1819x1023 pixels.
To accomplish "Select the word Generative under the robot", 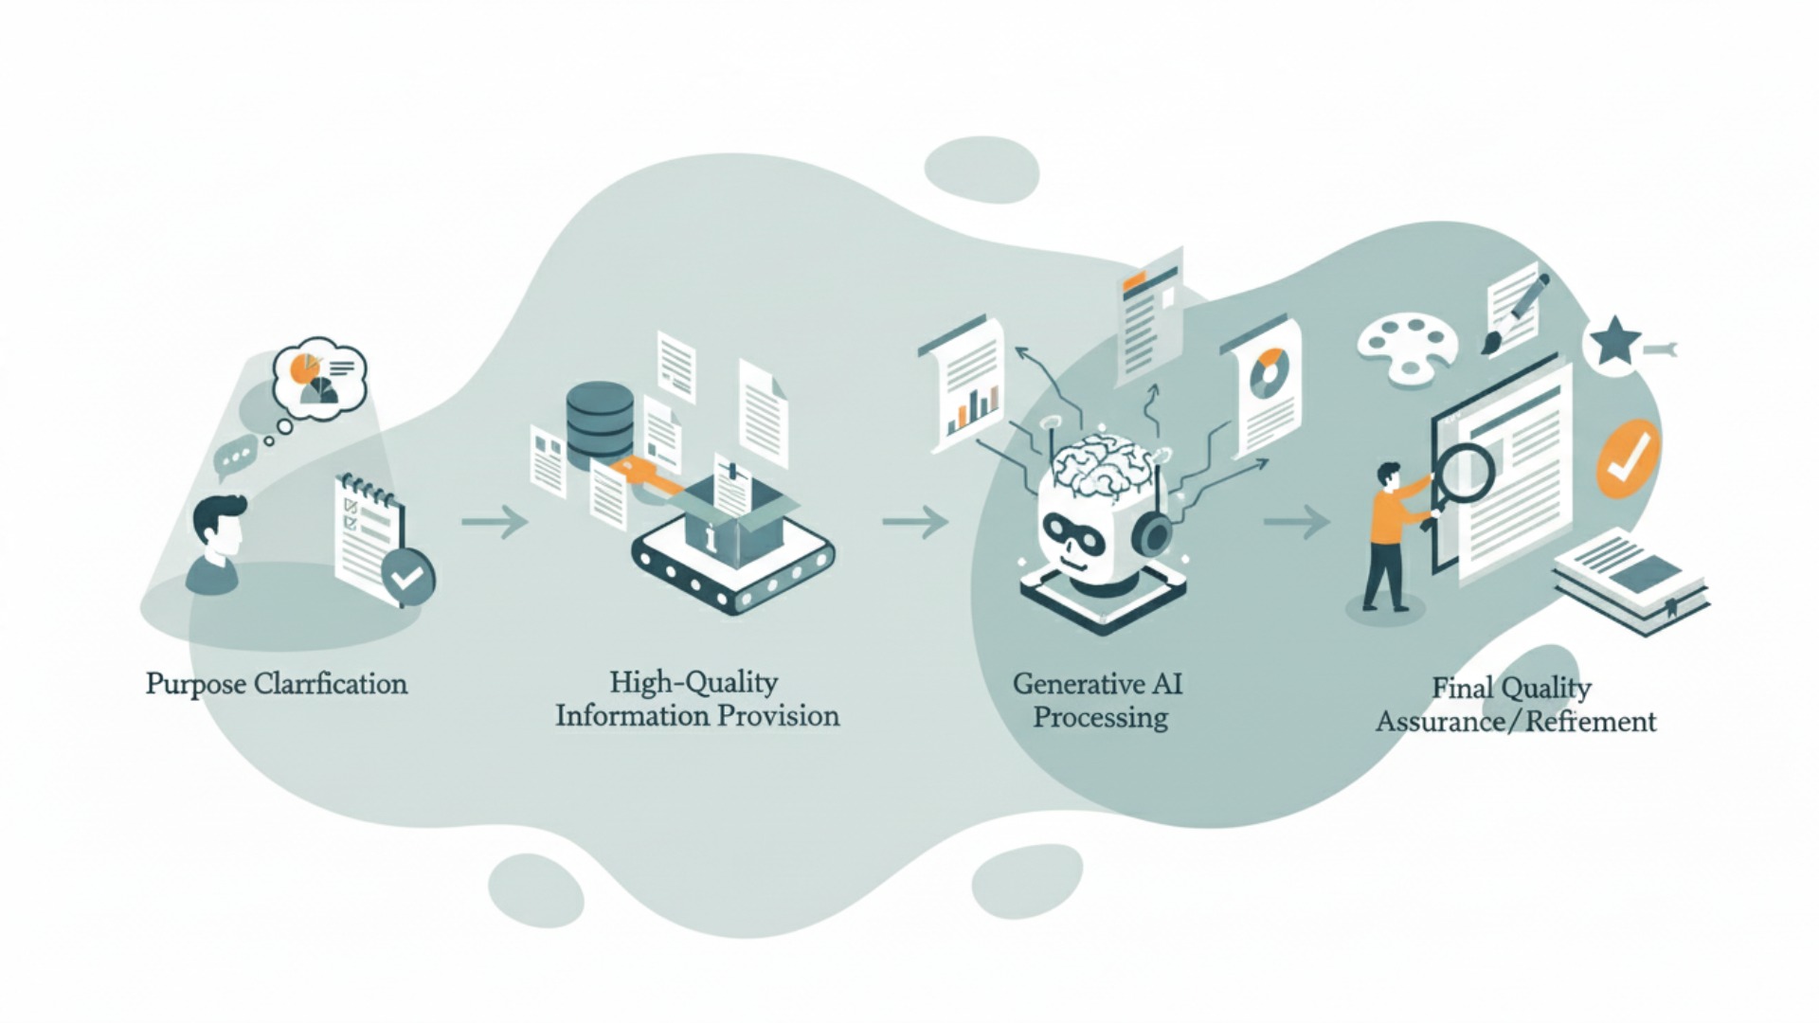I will tap(1068, 683).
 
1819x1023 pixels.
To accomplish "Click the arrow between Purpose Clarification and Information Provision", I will tap(495, 521).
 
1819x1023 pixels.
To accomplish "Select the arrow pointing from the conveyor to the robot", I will tap(915, 521).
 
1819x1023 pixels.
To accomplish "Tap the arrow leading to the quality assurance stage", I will tap(1297, 521).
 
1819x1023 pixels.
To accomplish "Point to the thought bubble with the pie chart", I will tap(318, 372).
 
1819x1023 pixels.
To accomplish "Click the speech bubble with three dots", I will tap(235, 456).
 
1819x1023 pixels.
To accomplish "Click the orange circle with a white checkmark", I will tap(1629, 458).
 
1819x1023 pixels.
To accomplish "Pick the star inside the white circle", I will tap(1614, 343).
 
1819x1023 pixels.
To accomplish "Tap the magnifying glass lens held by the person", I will tap(1464, 472).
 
